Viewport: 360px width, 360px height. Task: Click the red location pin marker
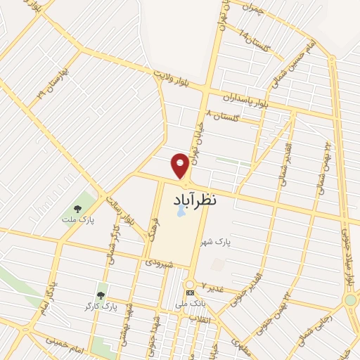(180, 165)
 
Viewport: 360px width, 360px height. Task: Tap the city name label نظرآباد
(195, 200)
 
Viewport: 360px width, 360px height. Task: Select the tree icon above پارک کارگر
(101, 295)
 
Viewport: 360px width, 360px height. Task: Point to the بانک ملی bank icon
(189, 292)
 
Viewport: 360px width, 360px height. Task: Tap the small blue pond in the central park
(179, 210)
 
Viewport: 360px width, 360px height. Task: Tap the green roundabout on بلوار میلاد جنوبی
(350, 301)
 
